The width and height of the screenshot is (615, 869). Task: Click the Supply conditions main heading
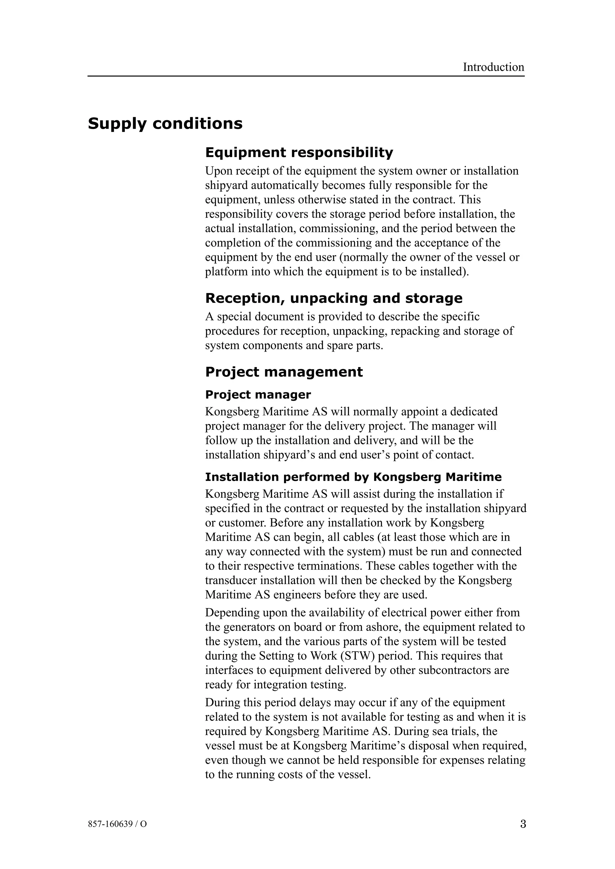click(x=165, y=124)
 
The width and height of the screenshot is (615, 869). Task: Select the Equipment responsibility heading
click(x=299, y=153)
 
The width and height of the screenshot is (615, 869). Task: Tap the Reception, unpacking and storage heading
click(x=333, y=298)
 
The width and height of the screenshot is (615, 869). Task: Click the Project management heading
click(x=284, y=372)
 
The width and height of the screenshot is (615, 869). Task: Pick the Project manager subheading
click(x=258, y=395)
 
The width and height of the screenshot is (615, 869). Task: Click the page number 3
click(x=523, y=824)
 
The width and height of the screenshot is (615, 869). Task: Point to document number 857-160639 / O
click(x=117, y=824)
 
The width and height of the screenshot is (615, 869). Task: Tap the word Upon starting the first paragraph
click(x=219, y=171)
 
